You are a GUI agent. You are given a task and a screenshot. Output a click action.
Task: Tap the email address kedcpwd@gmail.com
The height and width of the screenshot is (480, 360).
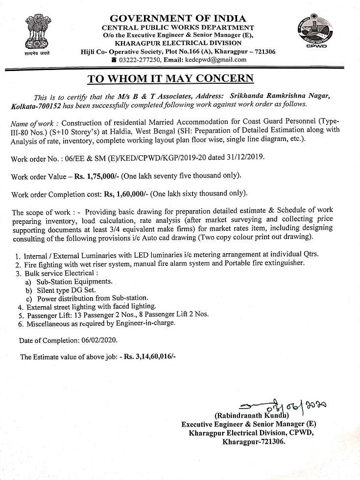[216, 60]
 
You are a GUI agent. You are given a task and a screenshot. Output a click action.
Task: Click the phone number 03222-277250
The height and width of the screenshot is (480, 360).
[139, 60]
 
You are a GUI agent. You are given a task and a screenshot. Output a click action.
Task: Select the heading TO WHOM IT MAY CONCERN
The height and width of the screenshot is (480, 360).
[170, 79]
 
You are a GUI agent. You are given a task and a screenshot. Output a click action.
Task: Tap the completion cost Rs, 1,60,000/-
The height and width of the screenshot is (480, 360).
[125, 194]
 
